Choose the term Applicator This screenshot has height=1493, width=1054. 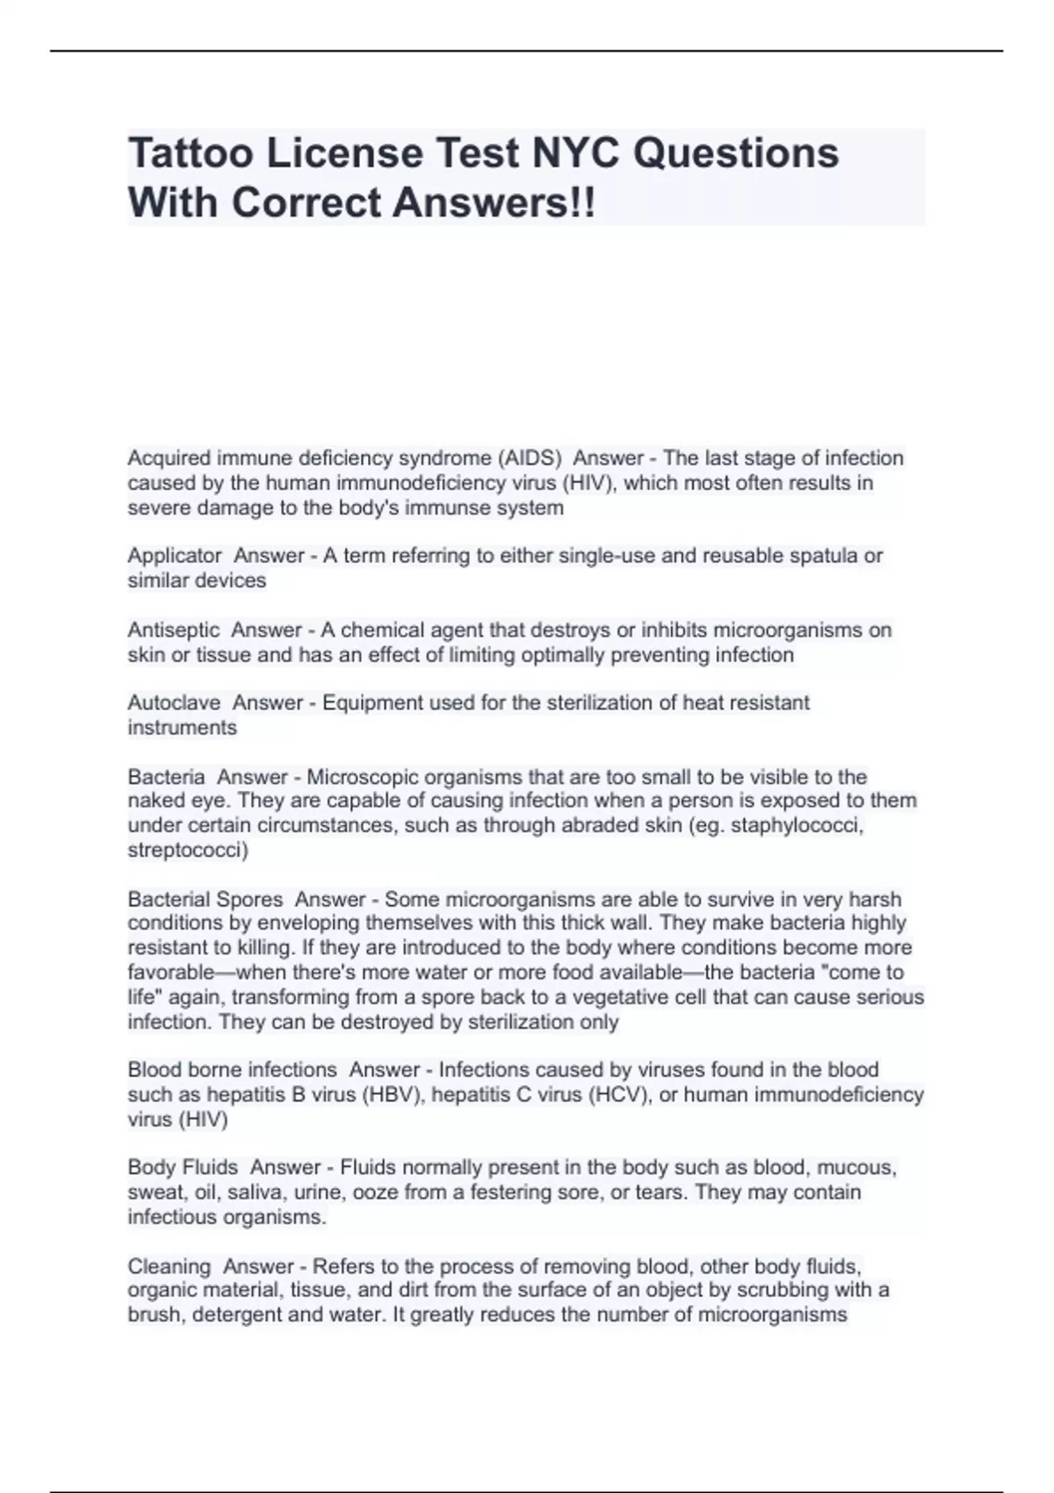click(x=175, y=556)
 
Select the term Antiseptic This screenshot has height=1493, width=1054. click(x=174, y=631)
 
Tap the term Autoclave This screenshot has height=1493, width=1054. click(x=174, y=703)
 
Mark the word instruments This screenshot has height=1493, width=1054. click(x=182, y=728)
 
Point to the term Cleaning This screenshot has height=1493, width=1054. click(x=169, y=1266)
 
